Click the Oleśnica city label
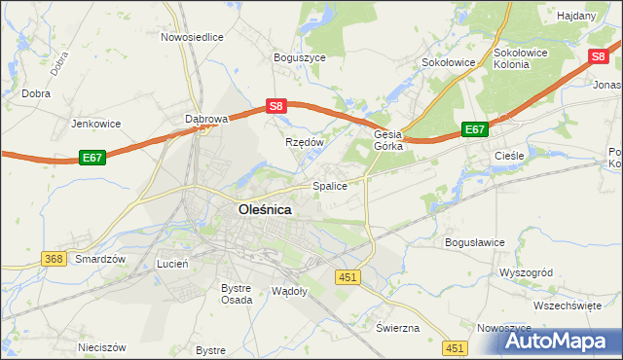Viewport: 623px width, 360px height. pos(265,208)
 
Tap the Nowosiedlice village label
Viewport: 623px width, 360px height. pos(193,37)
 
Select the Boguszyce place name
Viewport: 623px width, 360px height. pos(300,57)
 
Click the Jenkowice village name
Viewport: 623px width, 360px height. pos(95,125)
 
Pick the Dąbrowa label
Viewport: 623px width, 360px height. pos(206,119)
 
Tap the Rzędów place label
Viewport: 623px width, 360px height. pos(304,142)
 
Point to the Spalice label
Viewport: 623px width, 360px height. pos(330,185)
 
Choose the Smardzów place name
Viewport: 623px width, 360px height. pos(101,260)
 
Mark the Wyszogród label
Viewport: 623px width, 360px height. pos(525,272)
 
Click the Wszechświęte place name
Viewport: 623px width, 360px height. pos(567,305)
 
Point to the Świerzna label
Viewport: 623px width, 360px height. pos(397,327)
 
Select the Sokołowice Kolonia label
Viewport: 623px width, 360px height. pos(525,57)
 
